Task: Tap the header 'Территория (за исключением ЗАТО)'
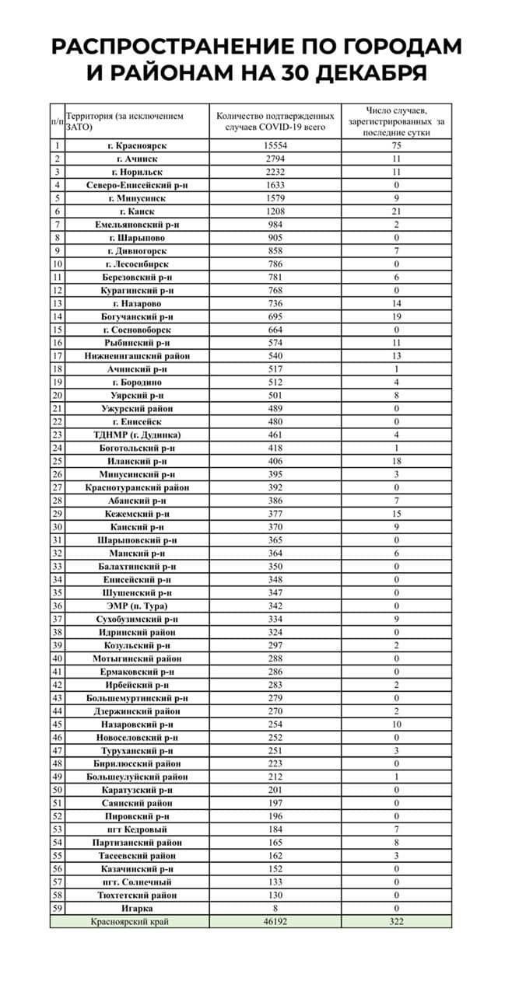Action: click(x=126, y=120)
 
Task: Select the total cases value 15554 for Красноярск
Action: click(x=275, y=145)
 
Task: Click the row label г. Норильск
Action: click(x=138, y=172)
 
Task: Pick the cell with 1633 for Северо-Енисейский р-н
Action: click(x=275, y=185)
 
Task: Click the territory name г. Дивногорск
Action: click(x=138, y=251)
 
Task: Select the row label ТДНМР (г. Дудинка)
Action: click(x=138, y=435)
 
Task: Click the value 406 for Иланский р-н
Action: click(x=275, y=462)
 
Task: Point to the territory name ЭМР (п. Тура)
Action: click(x=138, y=606)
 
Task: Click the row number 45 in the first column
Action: click(x=57, y=724)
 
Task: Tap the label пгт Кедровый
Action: click(x=138, y=829)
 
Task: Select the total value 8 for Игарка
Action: click(x=275, y=908)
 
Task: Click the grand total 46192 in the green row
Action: click(x=275, y=922)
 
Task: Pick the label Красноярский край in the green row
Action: click(x=130, y=922)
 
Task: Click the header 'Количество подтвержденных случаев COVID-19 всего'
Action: click(x=276, y=120)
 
